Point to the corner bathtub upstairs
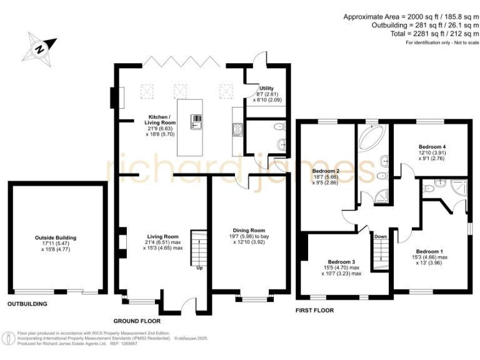373,137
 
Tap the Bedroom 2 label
326,171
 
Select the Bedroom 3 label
342,262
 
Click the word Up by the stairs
199,268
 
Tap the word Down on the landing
381,237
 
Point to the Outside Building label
56,237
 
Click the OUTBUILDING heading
27,304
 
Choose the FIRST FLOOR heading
314,310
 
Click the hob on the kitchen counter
238,130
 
